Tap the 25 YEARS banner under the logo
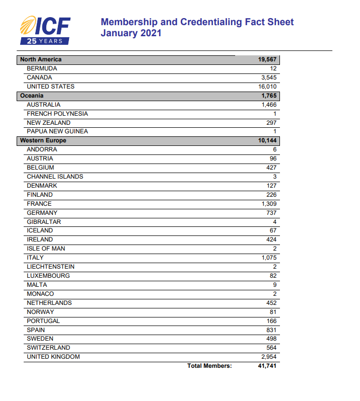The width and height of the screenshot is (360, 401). tap(45, 41)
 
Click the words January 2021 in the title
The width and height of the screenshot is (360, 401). tap(131, 33)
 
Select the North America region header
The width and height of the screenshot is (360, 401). tap(41, 59)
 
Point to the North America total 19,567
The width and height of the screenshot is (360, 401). tap(267, 59)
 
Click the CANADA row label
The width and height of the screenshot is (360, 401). tap(39, 77)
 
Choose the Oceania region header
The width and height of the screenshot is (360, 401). tap(32, 96)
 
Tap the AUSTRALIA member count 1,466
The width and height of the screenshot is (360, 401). tap(269, 105)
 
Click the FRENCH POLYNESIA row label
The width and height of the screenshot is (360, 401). tap(57, 114)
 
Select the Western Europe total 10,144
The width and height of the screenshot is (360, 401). tap(267, 140)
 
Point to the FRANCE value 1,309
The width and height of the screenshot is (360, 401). tap(269, 204)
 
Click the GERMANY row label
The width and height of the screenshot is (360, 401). tap(42, 213)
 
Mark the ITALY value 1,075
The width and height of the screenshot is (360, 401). tap(269, 258)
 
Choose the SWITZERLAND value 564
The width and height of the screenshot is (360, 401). tap(271, 348)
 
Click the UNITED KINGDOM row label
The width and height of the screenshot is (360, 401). tap(53, 357)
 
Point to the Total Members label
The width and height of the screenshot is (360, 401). tap(209, 366)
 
